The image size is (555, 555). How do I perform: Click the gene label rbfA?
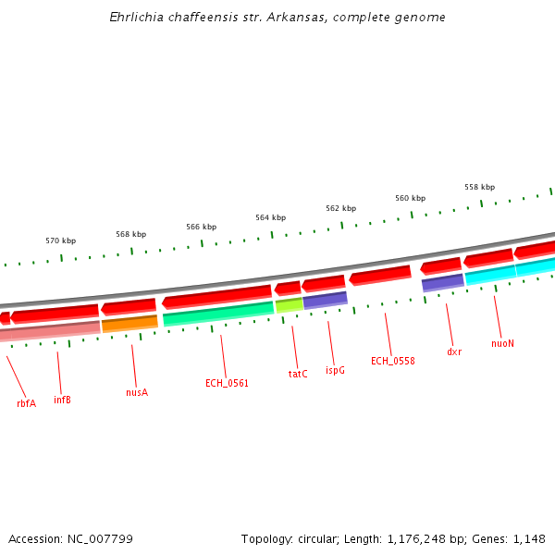pyautogui.click(x=26, y=403)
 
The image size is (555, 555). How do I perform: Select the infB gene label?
pyautogui.click(x=62, y=400)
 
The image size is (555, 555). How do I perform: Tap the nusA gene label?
pyautogui.click(x=137, y=392)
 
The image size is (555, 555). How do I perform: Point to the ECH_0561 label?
pyautogui.click(x=227, y=383)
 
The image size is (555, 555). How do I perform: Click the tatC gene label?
pyautogui.click(x=298, y=374)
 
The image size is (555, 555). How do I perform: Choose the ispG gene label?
pyautogui.click(x=335, y=370)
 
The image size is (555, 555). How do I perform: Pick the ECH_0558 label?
pyautogui.click(x=392, y=361)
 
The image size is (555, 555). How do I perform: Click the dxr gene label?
pyautogui.click(x=454, y=351)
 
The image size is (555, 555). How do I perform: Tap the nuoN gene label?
pyautogui.click(x=502, y=343)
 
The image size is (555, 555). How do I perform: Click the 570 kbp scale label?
pyautogui.click(x=61, y=240)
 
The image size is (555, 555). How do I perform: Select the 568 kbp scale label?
pyautogui.click(x=131, y=234)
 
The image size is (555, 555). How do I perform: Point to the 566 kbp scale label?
pyautogui.click(x=201, y=227)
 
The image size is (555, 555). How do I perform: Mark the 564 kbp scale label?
pyautogui.click(x=271, y=217)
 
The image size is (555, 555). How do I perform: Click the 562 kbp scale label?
pyautogui.click(x=340, y=208)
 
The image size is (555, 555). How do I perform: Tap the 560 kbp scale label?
pyautogui.click(x=410, y=198)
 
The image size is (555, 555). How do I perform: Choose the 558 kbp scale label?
pyautogui.click(x=479, y=187)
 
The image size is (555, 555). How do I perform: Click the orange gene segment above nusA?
pyautogui.click(x=129, y=324)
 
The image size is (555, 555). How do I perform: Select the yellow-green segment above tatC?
pyautogui.click(x=289, y=304)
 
